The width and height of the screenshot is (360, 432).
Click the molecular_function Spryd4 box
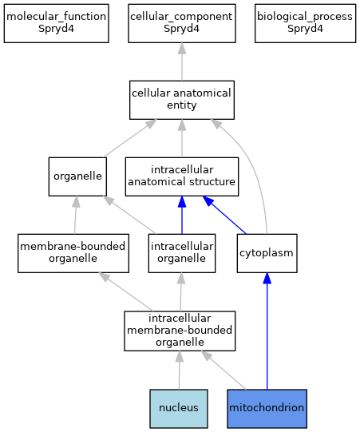point(57,23)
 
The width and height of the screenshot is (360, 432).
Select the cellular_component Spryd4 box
point(182,23)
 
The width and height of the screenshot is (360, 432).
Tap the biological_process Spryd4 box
point(305,23)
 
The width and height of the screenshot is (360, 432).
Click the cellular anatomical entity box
point(182,100)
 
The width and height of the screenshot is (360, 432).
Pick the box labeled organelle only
point(77,176)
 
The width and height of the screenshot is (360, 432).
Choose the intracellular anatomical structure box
point(182,176)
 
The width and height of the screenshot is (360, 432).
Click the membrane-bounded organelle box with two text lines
point(73,253)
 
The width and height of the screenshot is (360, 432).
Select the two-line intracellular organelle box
point(182,253)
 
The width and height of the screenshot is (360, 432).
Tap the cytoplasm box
point(267,253)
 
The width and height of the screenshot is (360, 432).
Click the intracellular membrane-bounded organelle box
point(180,331)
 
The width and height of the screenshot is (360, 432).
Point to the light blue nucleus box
point(179,409)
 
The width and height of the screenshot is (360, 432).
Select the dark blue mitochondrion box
point(267,409)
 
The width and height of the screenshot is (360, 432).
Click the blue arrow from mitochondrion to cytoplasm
point(267,331)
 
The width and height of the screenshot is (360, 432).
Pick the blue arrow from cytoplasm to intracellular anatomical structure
point(224,215)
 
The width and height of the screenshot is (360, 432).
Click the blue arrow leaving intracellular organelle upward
point(182,215)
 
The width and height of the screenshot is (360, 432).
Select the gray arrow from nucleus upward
point(180,370)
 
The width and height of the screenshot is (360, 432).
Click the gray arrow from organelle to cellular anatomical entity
point(130,138)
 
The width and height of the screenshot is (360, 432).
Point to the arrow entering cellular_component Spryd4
point(182,61)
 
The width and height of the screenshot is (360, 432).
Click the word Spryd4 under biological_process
point(305,29)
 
